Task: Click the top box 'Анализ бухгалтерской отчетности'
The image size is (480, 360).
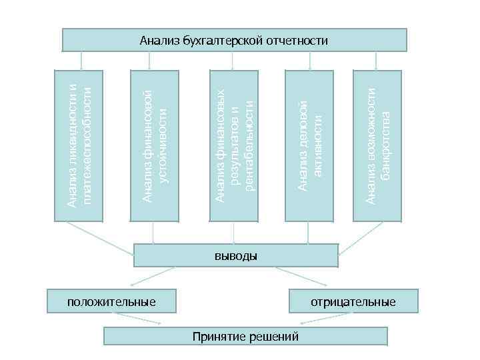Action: [234, 40]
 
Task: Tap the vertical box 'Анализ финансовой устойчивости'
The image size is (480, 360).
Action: [155, 143]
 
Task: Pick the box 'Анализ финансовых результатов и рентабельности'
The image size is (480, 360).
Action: [233, 143]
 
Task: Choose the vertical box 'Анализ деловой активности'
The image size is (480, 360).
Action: [309, 143]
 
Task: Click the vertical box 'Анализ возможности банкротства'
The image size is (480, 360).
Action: [377, 143]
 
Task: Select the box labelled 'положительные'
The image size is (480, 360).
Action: [111, 302]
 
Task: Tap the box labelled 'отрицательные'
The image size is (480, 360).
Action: [353, 302]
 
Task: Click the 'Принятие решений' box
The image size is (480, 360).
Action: [245, 336]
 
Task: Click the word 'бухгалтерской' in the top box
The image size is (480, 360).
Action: [219, 41]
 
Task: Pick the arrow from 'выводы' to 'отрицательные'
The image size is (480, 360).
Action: [300, 275]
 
